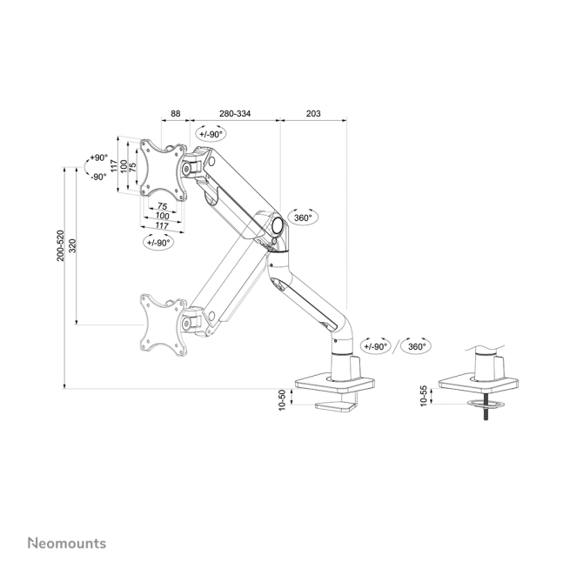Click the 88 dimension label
click(175, 113)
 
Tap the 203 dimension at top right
click(313, 113)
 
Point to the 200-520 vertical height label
click(60, 245)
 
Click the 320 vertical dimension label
click(72, 245)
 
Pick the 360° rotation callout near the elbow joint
click(303, 218)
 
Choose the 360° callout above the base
click(417, 345)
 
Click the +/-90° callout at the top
click(210, 134)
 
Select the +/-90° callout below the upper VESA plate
click(158, 242)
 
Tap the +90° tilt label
click(97, 158)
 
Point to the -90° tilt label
click(97, 177)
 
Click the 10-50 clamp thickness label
click(283, 399)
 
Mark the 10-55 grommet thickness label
click(424, 397)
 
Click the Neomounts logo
click(66, 543)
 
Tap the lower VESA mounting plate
click(164, 325)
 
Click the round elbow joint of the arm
click(278, 224)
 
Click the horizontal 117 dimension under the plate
click(162, 225)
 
